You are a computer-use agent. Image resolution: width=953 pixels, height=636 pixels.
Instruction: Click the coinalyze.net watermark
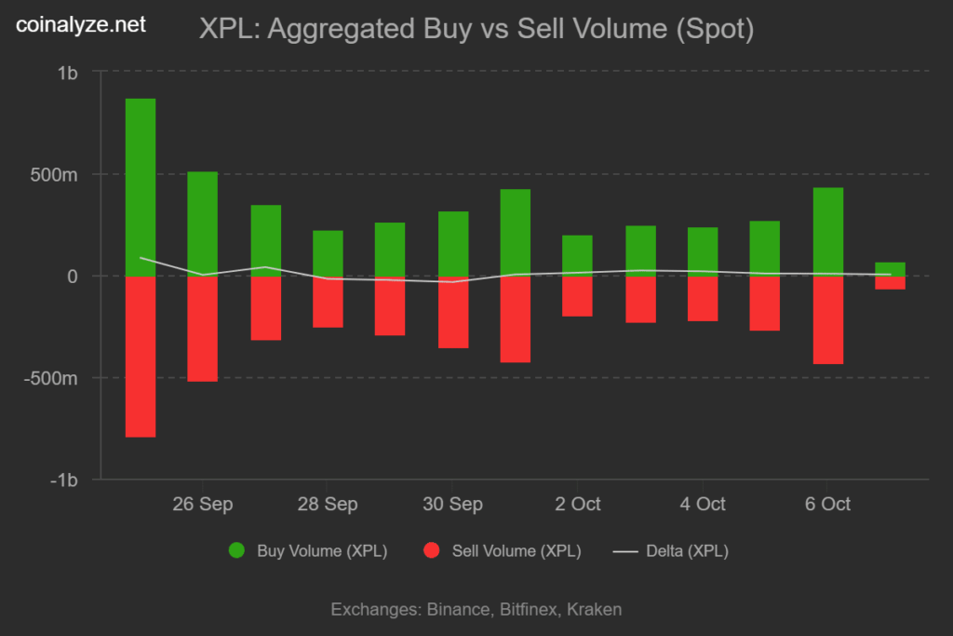coord(82,25)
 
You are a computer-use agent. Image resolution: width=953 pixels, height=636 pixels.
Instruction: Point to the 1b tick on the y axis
coord(67,73)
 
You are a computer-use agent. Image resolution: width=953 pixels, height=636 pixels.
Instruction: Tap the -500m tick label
coord(51,378)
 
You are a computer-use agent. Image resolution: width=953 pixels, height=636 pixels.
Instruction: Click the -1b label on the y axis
coord(63,480)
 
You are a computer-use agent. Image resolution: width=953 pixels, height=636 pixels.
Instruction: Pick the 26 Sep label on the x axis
coord(203,504)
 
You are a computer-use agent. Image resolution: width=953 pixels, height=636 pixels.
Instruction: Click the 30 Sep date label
coord(452,504)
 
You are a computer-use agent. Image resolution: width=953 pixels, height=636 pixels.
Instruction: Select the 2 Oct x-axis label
coord(578,504)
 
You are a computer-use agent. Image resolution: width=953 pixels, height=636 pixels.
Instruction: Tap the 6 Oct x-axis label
coord(827,504)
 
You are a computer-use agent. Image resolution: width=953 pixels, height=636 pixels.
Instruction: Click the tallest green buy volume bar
coord(141,186)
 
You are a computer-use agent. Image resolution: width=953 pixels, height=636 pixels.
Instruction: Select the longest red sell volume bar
coord(141,357)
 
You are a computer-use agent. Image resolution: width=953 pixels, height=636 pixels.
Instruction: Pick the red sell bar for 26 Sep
coord(203,329)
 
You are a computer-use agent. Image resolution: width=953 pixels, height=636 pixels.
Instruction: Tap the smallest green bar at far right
coord(890,269)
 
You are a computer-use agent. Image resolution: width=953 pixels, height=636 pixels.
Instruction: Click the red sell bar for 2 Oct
coord(578,296)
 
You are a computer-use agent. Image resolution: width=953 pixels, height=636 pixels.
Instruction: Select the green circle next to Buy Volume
coord(237,550)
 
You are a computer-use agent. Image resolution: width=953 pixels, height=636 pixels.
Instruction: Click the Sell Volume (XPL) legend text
coord(517,550)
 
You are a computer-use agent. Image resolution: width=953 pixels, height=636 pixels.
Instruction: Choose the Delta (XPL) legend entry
coord(687,550)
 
